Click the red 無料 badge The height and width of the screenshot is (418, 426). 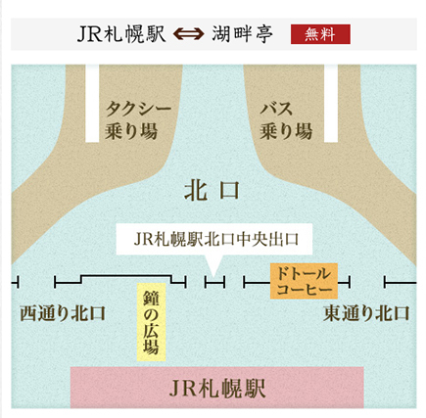coord(320,34)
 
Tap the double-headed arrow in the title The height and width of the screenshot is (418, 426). coord(188,34)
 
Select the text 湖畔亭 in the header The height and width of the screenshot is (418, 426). coord(242,34)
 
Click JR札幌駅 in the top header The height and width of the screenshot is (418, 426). coord(121,34)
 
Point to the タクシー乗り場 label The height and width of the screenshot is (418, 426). coord(138,120)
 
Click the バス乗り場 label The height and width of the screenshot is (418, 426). coord(286,120)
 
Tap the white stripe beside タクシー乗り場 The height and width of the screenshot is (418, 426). coord(92,103)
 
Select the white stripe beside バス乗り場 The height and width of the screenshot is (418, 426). coord(331,103)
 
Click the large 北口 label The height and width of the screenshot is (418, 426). coord(213,190)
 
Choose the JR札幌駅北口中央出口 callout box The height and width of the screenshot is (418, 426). coord(214,239)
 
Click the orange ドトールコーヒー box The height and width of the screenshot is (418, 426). coord(304,281)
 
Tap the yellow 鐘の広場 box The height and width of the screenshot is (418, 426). coord(151,322)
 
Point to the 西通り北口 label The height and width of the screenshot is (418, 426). coord(63,313)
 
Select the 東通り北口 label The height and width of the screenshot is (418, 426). coord(366,313)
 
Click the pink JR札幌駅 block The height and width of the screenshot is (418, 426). coord(217,388)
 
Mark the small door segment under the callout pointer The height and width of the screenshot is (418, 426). coord(214,282)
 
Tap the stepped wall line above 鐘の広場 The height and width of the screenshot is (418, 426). coord(120,276)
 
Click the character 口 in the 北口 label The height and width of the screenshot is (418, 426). coord(228,190)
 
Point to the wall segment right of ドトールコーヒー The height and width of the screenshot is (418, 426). coord(344,282)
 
